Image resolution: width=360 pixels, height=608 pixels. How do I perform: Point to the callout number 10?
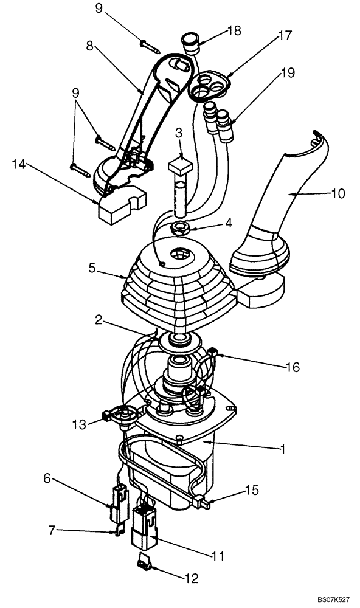point(337,194)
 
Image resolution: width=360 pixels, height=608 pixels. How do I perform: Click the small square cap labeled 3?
point(179,165)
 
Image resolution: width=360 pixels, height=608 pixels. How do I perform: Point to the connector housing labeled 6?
point(117,504)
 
